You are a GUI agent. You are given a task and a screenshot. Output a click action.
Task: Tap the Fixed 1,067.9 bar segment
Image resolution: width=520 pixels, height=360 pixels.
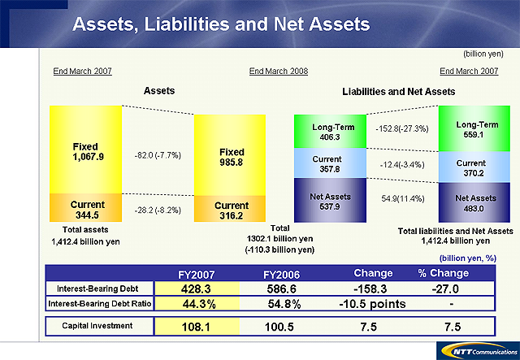point(84,151)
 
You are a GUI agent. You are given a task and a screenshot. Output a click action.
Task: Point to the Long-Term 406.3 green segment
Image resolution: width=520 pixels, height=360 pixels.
point(329,132)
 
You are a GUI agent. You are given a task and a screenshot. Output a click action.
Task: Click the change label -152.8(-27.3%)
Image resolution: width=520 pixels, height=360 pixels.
point(402,128)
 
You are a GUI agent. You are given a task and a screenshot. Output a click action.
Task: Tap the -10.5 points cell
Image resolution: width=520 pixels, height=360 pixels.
point(373,304)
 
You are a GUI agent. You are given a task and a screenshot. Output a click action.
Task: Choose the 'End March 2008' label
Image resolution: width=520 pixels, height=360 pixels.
point(279,72)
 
